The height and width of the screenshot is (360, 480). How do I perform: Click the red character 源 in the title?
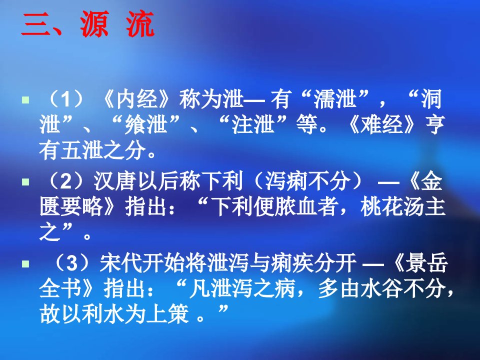pos(94,24)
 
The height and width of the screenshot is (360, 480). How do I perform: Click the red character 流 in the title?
pos(140,24)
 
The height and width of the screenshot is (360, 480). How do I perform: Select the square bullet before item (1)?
pos(25,100)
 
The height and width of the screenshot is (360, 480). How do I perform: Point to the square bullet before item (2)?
pos(25,182)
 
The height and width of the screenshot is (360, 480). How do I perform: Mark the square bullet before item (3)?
pos(25,264)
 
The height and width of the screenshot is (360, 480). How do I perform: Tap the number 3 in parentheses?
pos(72,263)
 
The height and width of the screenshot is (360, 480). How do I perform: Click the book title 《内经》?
pos(138,99)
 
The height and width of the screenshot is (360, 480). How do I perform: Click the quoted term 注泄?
pos(253,125)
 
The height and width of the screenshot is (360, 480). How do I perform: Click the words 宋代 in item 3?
pos(120,263)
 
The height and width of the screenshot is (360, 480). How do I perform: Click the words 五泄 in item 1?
pos(82,150)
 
